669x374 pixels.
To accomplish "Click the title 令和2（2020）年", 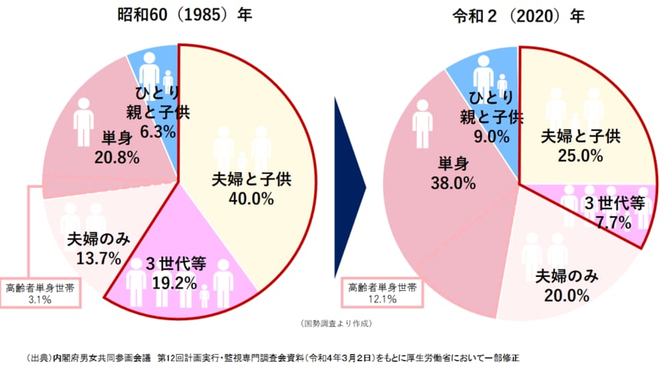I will (520, 15).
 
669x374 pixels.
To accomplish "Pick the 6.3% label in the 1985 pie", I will (158, 132).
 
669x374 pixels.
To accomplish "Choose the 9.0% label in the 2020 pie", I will (492, 136).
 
